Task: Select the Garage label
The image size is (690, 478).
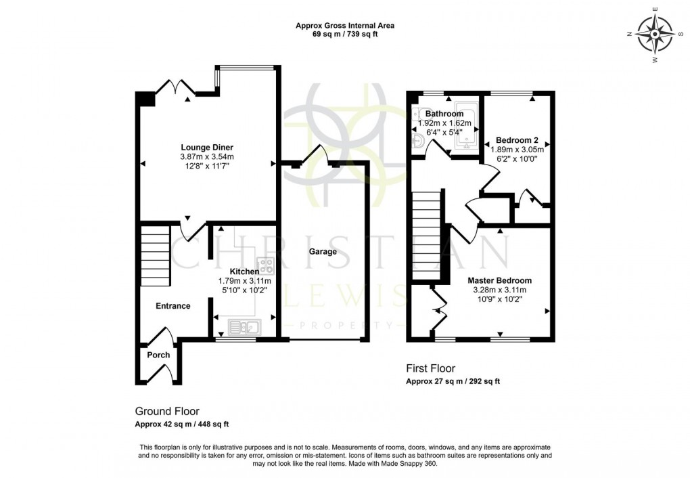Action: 323,252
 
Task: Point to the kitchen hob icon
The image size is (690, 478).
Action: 264,265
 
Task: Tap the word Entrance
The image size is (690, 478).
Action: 173,306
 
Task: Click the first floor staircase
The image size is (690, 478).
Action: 426,237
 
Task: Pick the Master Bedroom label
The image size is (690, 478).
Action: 499,280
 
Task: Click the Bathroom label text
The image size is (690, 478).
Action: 444,114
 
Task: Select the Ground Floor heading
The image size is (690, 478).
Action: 167,411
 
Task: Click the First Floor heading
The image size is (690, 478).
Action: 430,369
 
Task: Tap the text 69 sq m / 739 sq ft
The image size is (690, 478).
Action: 345,35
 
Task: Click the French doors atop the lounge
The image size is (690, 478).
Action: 175,88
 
